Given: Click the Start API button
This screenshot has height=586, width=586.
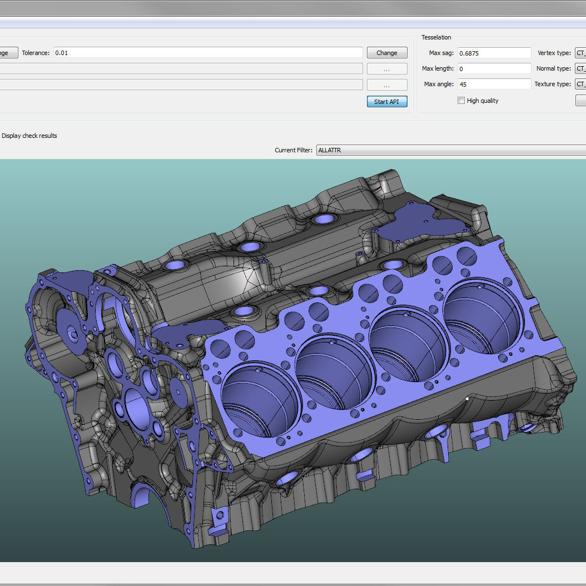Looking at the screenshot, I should (387, 102).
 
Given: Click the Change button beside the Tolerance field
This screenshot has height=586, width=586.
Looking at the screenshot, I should (387, 53).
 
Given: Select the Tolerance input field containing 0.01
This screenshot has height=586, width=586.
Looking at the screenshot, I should (208, 53).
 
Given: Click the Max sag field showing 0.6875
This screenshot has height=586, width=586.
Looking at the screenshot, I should (494, 53).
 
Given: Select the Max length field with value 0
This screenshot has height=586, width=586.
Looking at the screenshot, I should (494, 69).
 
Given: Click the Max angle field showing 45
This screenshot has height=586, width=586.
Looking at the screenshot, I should (494, 85).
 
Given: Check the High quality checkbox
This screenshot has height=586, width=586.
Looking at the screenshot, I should (461, 101).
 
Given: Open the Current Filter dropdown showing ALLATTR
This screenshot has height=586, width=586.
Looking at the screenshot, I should (450, 150).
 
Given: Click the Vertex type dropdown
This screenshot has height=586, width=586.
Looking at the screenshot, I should (580, 53).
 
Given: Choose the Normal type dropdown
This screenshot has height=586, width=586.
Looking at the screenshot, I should (580, 69).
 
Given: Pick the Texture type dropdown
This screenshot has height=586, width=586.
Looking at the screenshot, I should (580, 85).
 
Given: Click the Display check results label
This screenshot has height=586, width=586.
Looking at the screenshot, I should (29, 136).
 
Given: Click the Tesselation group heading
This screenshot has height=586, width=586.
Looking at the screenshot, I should (436, 37).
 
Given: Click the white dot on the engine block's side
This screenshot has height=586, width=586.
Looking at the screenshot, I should (467, 398).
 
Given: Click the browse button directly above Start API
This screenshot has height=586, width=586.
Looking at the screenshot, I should (387, 85).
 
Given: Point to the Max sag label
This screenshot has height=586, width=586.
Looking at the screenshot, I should (441, 53).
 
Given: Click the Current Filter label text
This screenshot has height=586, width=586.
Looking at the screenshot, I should (294, 150).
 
